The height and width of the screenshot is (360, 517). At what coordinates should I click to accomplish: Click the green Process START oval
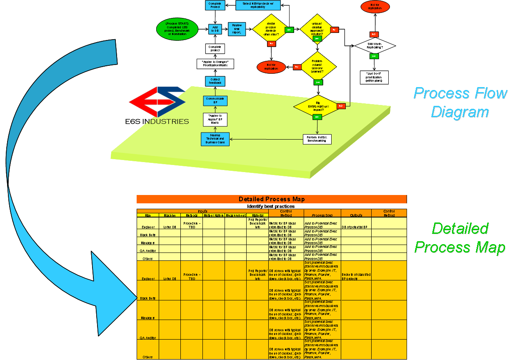coord(177,29)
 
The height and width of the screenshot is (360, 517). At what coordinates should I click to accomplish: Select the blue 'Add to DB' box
coord(215,29)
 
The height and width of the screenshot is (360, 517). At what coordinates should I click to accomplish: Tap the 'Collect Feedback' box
coord(215,82)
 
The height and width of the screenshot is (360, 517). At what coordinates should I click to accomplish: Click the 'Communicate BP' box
coord(215,100)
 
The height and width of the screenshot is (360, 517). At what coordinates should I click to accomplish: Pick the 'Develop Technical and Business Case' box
coord(215,139)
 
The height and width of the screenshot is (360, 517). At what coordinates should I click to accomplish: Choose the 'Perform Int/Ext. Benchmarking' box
coord(317,139)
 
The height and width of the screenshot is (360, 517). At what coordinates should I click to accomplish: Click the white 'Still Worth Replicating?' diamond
coord(375,45)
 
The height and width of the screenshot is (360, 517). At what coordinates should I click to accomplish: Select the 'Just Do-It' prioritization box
coord(374,77)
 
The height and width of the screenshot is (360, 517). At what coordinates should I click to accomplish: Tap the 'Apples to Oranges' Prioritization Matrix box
coord(215,64)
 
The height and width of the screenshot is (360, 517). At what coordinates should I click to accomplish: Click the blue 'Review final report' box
coord(236,29)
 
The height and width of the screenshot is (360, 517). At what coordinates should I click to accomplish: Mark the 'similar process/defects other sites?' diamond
coord(271,29)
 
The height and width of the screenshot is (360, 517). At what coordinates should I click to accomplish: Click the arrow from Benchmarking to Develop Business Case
coord(267,139)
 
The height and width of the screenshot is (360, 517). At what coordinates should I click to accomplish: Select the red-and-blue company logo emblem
coord(156,102)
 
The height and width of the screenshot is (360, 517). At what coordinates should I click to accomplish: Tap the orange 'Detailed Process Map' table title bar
coord(271,199)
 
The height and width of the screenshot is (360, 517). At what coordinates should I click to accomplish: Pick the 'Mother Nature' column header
coord(214,215)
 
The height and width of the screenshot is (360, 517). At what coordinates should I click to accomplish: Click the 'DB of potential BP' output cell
coord(355,227)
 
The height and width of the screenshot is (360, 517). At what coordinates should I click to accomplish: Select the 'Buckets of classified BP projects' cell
coord(356,276)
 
